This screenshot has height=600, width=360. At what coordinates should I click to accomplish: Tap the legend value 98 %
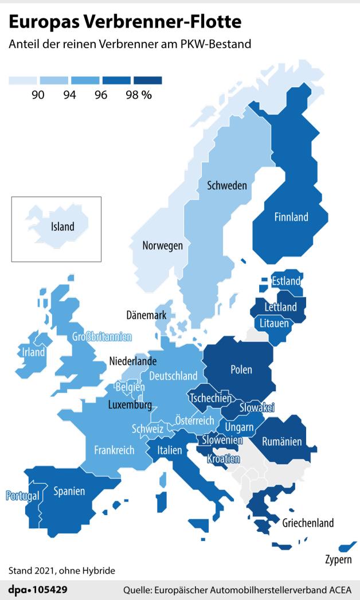(138, 95)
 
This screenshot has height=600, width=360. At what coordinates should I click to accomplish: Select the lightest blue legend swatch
(23, 81)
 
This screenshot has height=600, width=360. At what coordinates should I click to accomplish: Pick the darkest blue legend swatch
(148, 81)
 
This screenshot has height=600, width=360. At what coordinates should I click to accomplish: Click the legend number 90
(38, 95)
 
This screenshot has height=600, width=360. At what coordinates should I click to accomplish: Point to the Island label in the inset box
(62, 227)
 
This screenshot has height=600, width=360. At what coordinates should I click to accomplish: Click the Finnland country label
(291, 217)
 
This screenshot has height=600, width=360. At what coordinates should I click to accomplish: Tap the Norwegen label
(163, 246)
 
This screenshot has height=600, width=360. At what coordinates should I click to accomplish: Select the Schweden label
(226, 185)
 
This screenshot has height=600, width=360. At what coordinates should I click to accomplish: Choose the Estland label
(285, 281)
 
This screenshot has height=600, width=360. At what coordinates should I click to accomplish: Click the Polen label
(241, 369)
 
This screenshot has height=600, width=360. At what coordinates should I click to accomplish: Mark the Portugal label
(22, 495)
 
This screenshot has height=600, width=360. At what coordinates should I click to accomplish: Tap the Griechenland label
(308, 523)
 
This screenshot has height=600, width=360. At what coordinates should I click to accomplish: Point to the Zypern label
(338, 559)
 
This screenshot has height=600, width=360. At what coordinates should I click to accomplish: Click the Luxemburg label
(130, 405)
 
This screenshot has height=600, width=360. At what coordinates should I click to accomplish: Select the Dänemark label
(146, 315)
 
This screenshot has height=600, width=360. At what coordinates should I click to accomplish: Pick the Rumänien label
(281, 442)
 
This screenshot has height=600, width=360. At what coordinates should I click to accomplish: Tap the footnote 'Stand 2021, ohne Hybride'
(62, 571)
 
